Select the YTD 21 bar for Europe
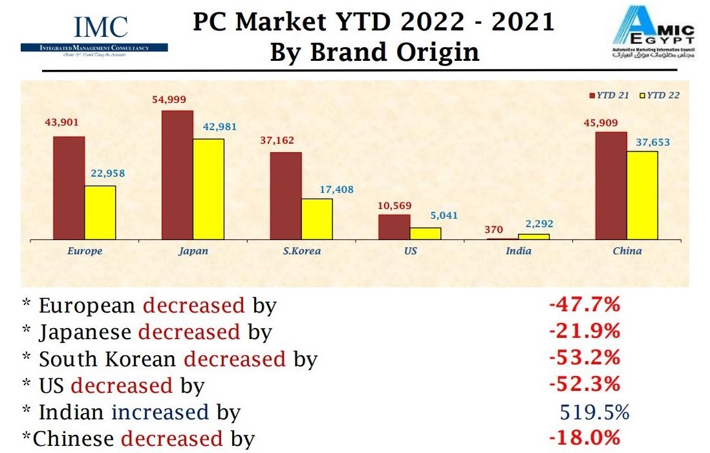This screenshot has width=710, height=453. [69, 188]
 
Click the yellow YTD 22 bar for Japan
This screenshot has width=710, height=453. [208, 189]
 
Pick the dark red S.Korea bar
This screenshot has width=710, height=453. [286, 195]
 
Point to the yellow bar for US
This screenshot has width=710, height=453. [425, 233]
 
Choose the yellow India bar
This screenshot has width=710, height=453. [534, 236]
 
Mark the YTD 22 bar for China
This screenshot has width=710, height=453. [642, 195]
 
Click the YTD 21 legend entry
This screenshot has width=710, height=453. [608, 95]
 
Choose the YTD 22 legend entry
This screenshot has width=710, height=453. [660, 95]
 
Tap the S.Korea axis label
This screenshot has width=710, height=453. [303, 250]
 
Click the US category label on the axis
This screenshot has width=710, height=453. [411, 250]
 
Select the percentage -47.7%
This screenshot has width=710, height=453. [585, 304]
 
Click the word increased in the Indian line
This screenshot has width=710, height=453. [160, 412]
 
